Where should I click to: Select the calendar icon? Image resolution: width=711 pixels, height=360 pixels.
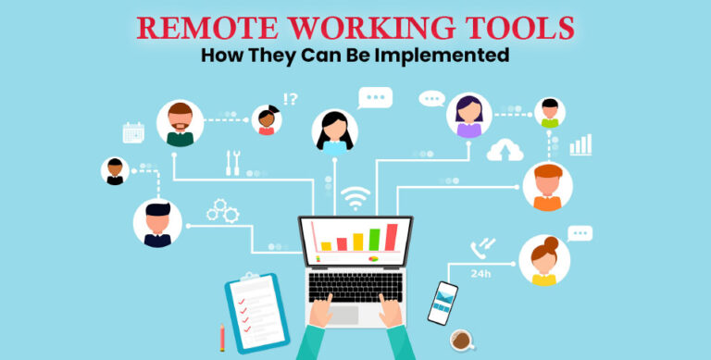(x=133, y=132)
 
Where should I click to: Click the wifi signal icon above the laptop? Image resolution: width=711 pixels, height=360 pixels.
(x=355, y=198)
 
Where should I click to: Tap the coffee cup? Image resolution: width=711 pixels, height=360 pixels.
(x=461, y=340)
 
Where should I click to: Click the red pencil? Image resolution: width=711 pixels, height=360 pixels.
(x=222, y=336)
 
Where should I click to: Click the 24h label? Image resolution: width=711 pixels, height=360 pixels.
(x=480, y=274)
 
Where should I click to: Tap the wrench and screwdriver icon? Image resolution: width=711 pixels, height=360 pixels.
(x=233, y=163)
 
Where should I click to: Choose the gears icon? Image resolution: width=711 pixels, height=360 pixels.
(x=222, y=211)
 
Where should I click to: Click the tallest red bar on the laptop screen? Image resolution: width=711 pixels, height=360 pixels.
(x=391, y=237)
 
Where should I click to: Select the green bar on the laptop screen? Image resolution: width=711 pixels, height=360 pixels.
(x=374, y=240)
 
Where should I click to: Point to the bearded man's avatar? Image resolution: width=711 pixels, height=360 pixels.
(x=180, y=123)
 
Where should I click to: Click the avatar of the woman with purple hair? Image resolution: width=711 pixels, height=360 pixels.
(x=468, y=115)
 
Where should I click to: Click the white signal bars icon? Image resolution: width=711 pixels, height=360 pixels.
(x=580, y=144)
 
